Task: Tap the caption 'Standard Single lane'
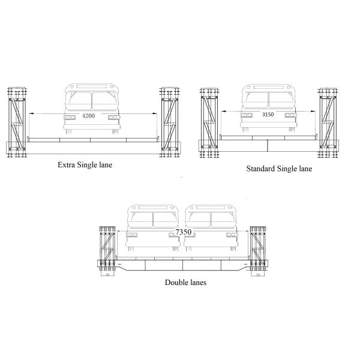(x=279, y=169)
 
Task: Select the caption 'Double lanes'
(x=186, y=282)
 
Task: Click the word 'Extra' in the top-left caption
(x=65, y=164)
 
